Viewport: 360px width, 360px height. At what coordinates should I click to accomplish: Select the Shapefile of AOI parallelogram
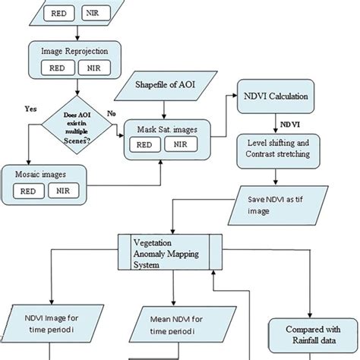166,83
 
